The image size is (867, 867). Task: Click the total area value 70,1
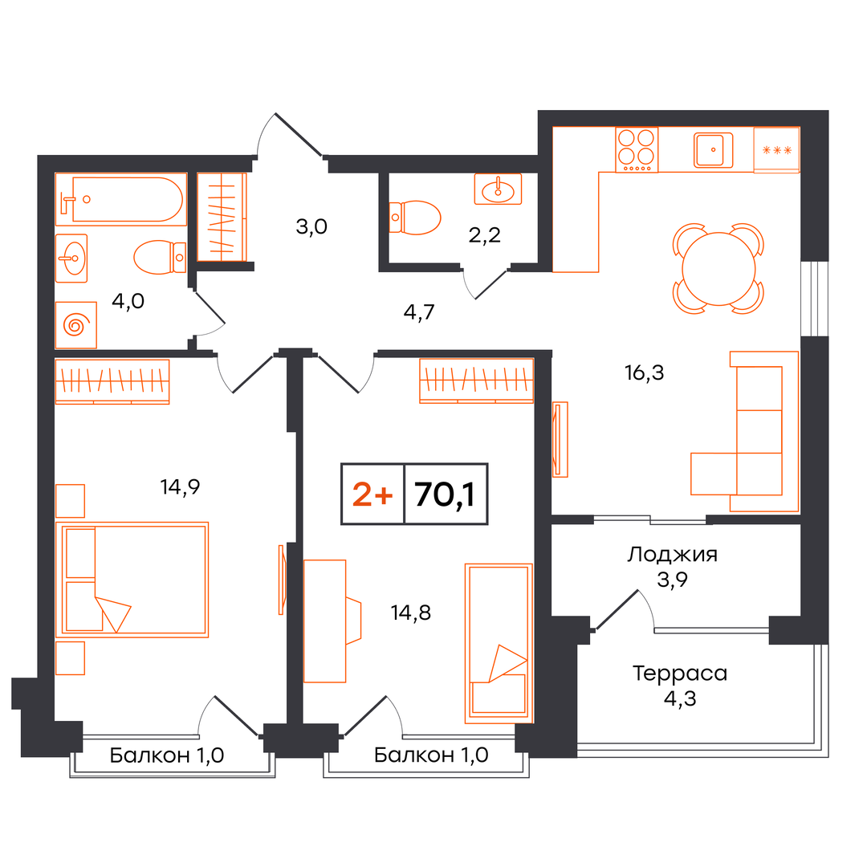(x=445, y=494)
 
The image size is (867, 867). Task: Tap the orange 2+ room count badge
(x=372, y=494)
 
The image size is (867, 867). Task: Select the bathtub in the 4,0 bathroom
(x=121, y=199)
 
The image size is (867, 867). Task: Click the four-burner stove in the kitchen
(x=637, y=150)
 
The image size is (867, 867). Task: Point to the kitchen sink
(x=714, y=150)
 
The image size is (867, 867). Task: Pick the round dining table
(x=718, y=269)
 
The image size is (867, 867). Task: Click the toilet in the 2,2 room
(x=415, y=218)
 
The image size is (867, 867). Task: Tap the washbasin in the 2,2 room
(x=498, y=189)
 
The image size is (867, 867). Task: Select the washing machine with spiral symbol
(x=76, y=324)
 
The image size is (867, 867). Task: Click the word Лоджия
(x=673, y=554)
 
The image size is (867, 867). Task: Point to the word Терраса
(x=680, y=674)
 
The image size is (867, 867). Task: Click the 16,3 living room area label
(x=644, y=372)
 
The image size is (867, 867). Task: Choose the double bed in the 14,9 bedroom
(x=132, y=580)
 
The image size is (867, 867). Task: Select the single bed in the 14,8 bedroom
(x=499, y=643)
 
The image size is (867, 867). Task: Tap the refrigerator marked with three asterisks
(x=777, y=150)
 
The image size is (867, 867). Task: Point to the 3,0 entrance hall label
(x=311, y=226)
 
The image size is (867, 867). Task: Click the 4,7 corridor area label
(x=419, y=312)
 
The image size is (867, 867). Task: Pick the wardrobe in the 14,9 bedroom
(x=112, y=381)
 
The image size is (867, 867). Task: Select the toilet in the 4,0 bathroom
(x=160, y=257)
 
